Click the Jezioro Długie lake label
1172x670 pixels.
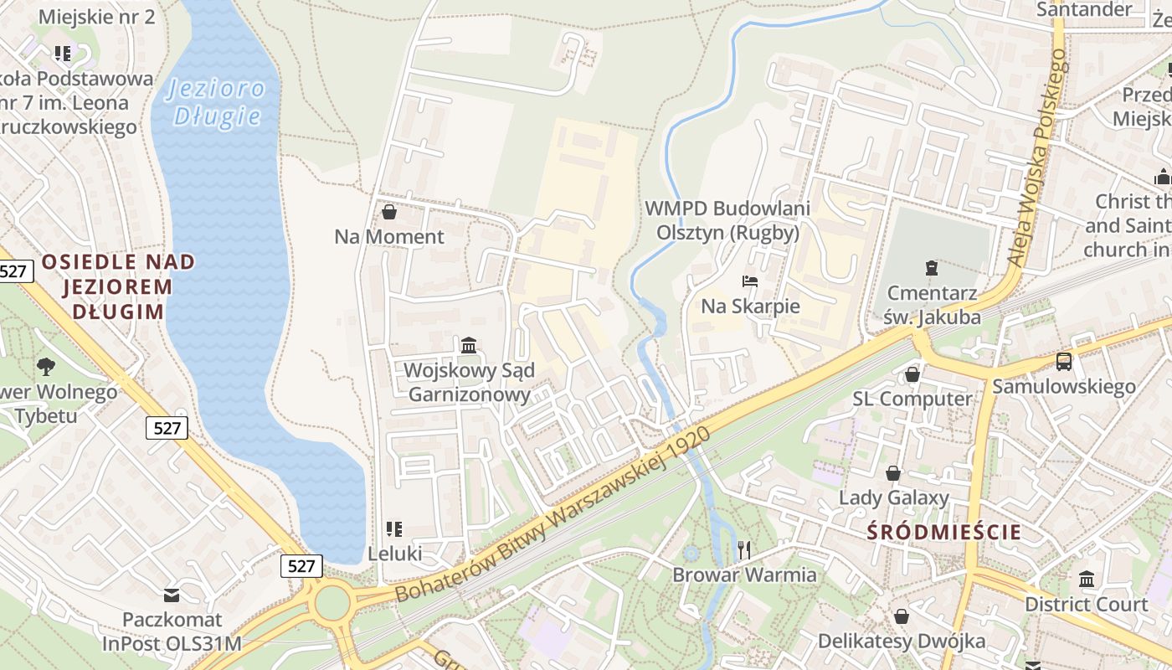click(x=216, y=101)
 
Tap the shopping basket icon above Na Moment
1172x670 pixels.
click(x=388, y=212)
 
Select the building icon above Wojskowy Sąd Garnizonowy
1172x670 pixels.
click(x=469, y=345)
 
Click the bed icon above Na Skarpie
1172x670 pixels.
click(x=749, y=281)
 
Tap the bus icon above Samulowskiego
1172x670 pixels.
click(x=1063, y=362)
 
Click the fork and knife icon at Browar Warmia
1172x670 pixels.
click(x=744, y=549)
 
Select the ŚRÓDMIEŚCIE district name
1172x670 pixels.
click(x=943, y=532)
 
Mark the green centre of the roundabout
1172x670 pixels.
click(x=332, y=602)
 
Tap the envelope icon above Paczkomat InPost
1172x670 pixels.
click(x=172, y=595)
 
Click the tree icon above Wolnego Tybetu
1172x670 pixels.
click(x=45, y=366)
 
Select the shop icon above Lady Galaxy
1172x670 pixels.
click(x=893, y=473)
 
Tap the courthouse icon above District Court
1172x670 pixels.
click(x=1087, y=579)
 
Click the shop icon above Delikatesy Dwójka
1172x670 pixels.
click(x=901, y=616)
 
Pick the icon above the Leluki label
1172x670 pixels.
click(x=394, y=528)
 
